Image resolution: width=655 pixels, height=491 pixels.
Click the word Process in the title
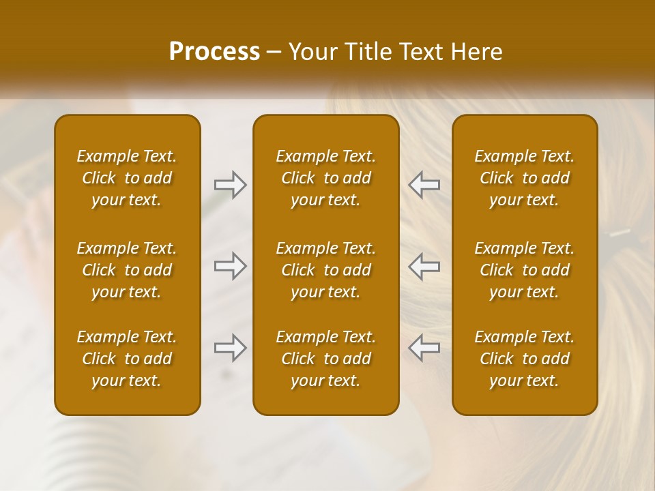[x=214, y=52]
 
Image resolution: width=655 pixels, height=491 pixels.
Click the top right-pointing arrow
[x=230, y=185]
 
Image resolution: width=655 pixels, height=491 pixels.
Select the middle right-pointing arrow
[x=230, y=266]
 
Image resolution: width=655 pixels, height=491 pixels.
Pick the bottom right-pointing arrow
[x=230, y=348]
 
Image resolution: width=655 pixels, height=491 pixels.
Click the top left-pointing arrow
[x=424, y=185]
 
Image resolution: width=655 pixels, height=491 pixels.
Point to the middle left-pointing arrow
[x=424, y=266]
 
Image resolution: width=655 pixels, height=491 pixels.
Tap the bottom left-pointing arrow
[x=424, y=348]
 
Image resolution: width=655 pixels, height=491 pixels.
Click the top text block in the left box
[x=127, y=178]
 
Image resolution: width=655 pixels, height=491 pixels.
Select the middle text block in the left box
[x=127, y=270]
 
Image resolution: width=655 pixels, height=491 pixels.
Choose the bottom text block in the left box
[x=127, y=359]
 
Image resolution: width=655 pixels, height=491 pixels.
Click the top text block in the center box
[x=326, y=178]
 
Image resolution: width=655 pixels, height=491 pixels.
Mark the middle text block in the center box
[x=326, y=270]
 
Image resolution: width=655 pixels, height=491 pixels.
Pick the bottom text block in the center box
[x=326, y=359]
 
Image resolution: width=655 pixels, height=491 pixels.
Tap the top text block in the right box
[x=525, y=178]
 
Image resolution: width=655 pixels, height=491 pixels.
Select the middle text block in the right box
[x=525, y=270]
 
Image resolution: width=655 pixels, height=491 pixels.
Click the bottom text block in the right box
[x=525, y=359]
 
